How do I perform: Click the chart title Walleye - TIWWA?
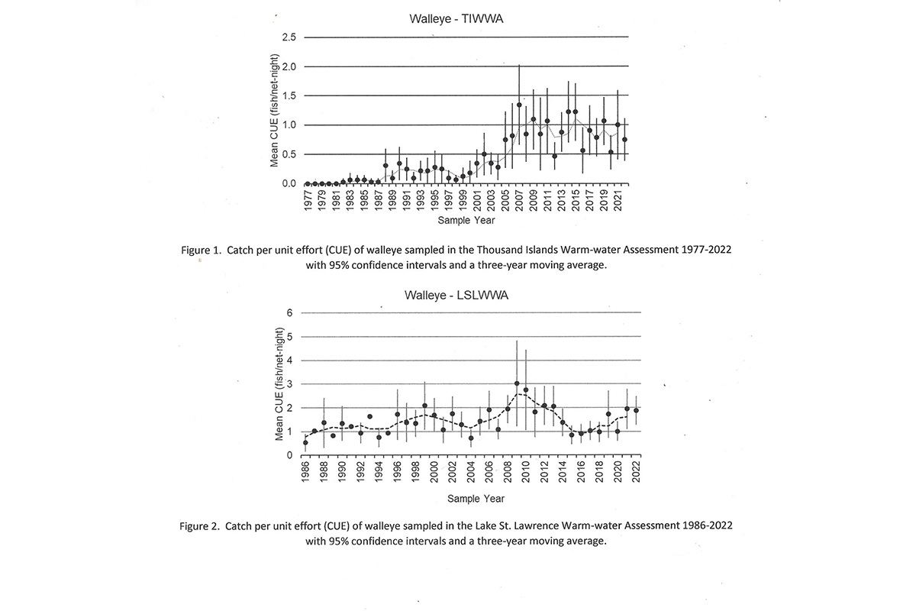pyautogui.click(x=456, y=19)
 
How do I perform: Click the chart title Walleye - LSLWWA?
pyautogui.click(x=456, y=295)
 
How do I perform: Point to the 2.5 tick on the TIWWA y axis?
pyautogui.click(x=289, y=37)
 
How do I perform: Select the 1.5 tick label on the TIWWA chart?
pyautogui.click(x=289, y=95)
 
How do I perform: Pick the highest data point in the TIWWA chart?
pyautogui.click(x=519, y=105)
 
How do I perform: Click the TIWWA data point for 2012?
pyautogui.click(x=554, y=156)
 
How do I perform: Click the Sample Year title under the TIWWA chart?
pyautogui.click(x=466, y=220)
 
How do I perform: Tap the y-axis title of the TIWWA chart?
pyautogui.click(x=274, y=111)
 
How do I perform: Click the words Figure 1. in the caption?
pyautogui.click(x=202, y=250)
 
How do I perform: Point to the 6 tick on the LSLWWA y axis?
pyautogui.click(x=289, y=312)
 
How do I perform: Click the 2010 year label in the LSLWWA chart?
pyautogui.click(x=526, y=472)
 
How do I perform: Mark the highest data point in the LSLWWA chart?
pyautogui.click(x=517, y=383)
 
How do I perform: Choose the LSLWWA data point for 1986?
pyautogui.click(x=305, y=442)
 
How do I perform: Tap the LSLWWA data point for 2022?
pyautogui.click(x=637, y=410)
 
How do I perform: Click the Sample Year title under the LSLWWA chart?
pyautogui.click(x=476, y=499)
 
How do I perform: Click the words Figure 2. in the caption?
pyautogui.click(x=199, y=526)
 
